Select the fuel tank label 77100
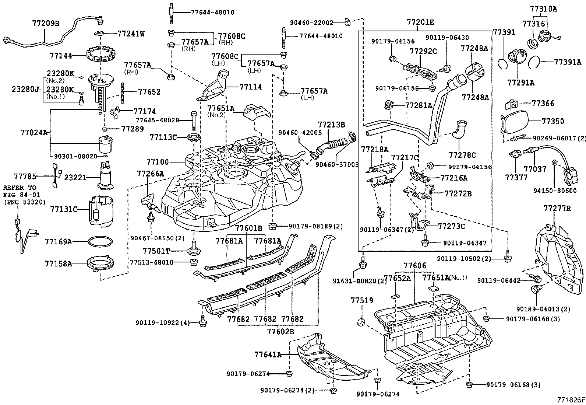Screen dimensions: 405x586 (x=158, y=161)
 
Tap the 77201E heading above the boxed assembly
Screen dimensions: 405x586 (x=420, y=22)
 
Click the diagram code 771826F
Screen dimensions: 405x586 (x=571, y=400)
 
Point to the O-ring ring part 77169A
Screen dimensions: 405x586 (x=100, y=242)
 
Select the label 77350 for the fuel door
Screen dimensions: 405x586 (x=553, y=121)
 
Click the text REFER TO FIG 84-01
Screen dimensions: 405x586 (x=20, y=191)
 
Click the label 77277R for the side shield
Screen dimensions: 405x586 (x=557, y=209)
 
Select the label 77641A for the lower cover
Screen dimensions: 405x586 (x=268, y=355)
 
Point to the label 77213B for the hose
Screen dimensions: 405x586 (x=331, y=125)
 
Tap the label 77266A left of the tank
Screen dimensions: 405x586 (x=151, y=174)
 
